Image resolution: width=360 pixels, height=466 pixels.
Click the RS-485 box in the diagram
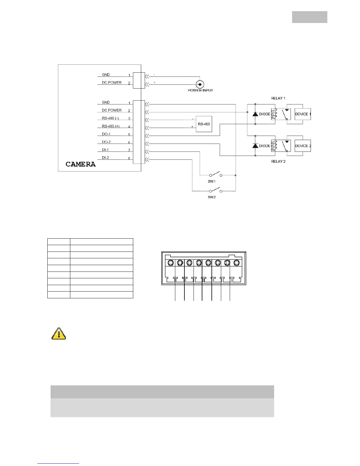204,124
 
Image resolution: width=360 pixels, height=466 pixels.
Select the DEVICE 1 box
303,114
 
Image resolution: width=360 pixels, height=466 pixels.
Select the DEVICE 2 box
303,146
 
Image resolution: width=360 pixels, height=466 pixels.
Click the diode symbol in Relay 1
255,114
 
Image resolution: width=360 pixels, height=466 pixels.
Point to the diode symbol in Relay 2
255,146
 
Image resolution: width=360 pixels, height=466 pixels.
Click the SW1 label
212,182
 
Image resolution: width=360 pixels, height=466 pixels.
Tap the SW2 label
212,197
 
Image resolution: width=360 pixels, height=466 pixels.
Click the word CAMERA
81,164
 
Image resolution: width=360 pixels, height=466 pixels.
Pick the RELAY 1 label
278,98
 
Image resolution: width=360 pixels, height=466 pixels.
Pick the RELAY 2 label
278,162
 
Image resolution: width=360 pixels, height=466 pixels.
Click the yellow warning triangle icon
59,334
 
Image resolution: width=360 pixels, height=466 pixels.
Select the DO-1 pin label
106,134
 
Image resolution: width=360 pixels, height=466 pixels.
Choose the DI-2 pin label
105,158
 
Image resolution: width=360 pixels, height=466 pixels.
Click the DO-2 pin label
106,142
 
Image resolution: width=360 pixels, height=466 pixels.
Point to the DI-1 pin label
105,150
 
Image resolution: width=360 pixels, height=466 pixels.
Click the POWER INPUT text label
200,90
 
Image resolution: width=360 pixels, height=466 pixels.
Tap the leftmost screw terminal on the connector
171,262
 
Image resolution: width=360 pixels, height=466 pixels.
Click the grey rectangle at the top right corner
309,17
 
